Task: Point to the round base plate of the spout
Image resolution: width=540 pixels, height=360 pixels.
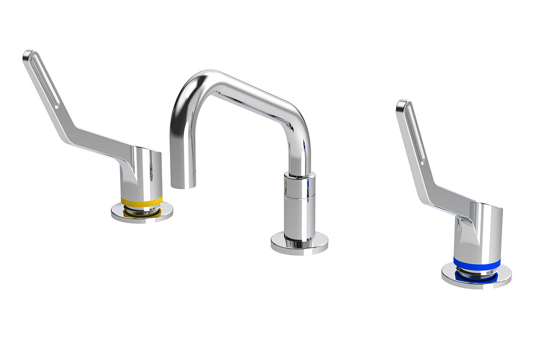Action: coord(299,244)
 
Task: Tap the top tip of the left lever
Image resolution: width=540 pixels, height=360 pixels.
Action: coord(28,53)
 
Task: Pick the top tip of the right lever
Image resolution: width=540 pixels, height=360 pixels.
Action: coord(402,103)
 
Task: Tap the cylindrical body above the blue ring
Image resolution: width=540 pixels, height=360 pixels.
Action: coord(478,232)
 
